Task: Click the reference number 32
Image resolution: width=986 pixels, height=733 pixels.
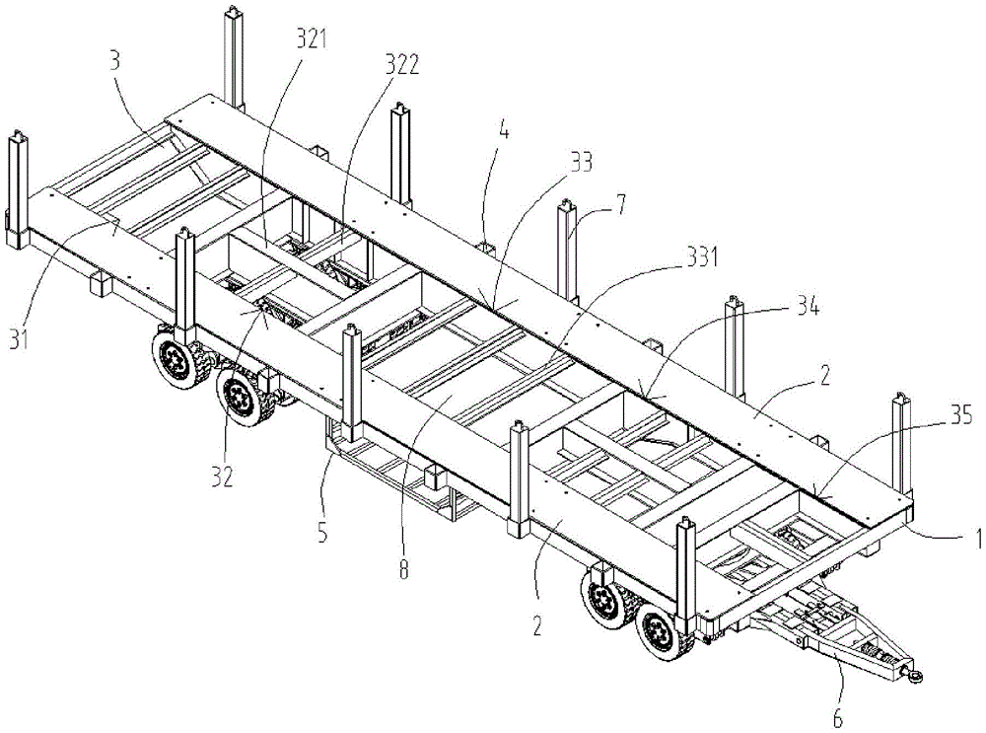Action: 221,475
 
